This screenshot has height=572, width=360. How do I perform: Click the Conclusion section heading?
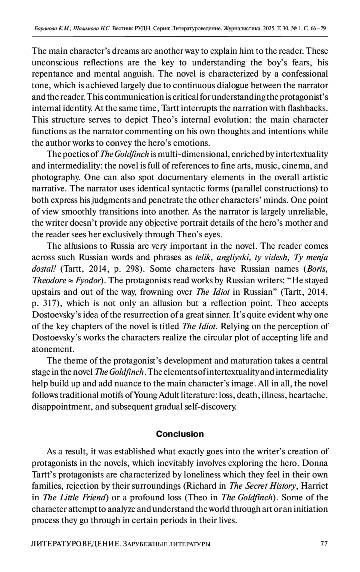click(x=180, y=434)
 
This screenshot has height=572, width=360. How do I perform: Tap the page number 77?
click(x=324, y=544)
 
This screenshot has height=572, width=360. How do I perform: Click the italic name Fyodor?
click(x=88, y=280)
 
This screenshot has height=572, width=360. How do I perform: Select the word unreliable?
click(x=307, y=212)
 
